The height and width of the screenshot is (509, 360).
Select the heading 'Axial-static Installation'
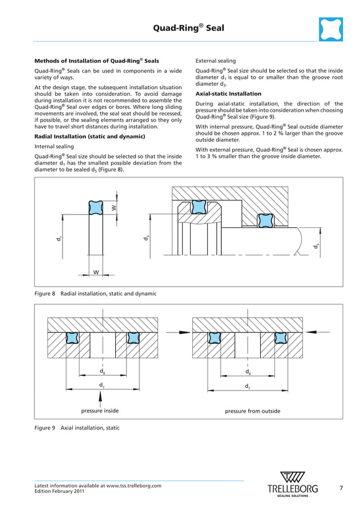228,94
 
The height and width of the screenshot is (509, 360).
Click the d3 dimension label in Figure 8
146,239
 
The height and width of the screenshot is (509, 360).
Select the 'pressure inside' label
100,411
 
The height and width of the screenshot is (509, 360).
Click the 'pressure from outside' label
252,411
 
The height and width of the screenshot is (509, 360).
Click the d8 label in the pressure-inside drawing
102,371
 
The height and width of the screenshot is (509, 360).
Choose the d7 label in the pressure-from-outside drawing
247,386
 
